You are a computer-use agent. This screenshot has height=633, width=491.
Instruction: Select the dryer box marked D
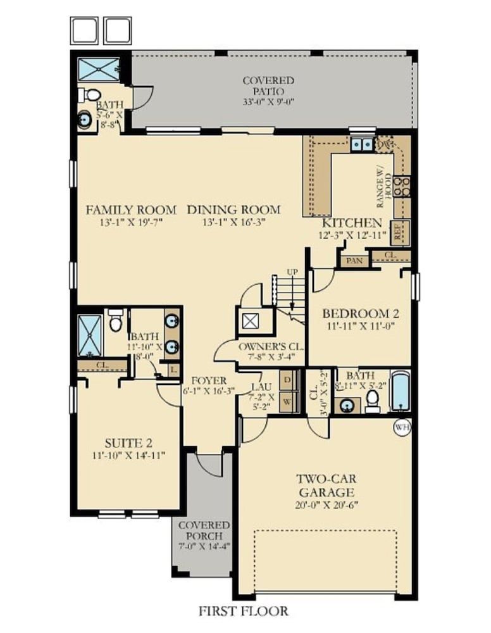(x=288, y=380)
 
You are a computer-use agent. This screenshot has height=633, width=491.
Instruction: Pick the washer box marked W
(x=288, y=402)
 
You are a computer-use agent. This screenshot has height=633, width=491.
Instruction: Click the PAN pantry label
(x=354, y=261)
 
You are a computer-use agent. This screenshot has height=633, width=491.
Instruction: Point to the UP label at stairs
(x=292, y=272)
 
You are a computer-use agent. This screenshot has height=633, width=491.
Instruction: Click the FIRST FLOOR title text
(x=243, y=611)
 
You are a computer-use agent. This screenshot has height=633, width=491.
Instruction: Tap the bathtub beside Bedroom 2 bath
(x=401, y=391)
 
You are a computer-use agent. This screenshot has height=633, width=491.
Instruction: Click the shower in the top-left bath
(x=99, y=70)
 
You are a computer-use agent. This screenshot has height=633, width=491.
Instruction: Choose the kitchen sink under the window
(x=361, y=144)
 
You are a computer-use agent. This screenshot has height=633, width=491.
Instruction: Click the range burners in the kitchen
(x=402, y=187)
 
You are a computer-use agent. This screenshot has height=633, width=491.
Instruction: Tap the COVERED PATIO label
(x=268, y=86)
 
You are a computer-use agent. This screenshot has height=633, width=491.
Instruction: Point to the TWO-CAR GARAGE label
(x=326, y=486)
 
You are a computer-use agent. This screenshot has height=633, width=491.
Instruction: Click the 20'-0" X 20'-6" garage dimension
(x=326, y=505)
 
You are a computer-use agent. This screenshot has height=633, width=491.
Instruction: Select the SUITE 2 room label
(x=128, y=443)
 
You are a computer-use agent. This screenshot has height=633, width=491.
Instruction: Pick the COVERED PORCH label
(x=204, y=531)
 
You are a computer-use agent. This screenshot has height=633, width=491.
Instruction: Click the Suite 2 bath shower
(x=90, y=335)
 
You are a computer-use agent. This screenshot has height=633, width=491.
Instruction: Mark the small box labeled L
(x=174, y=370)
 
